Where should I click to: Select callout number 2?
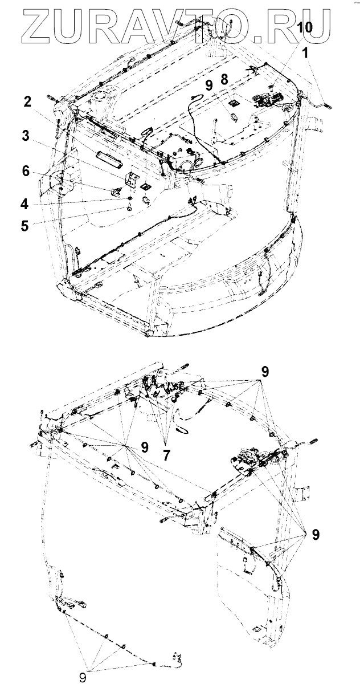[x=27, y=102]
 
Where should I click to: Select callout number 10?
[x=305, y=27]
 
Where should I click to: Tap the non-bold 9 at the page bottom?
[x=83, y=679]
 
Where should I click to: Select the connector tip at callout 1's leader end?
[x=328, y=104]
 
